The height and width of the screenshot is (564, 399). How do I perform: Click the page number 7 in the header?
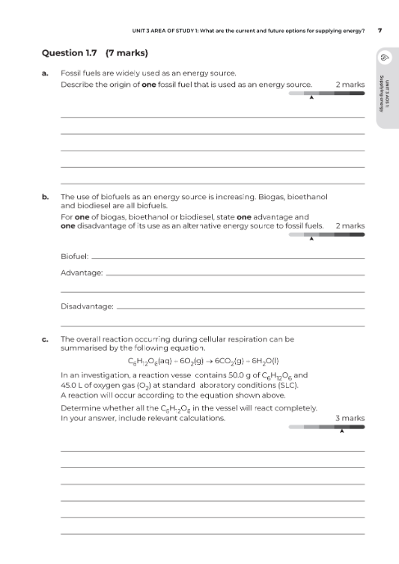tap(380, 31)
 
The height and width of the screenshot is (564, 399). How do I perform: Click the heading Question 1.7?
tap(74, 53)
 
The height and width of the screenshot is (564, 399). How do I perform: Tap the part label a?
tap(45, 73)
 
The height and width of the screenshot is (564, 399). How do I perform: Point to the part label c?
tap(45, 339)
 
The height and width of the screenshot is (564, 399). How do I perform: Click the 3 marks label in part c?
tap(350, 418)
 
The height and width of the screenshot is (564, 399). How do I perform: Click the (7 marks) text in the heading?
tap(128, 53)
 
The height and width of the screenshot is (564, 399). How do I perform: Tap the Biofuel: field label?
tap(74, 257)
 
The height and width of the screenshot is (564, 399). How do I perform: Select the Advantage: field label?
tap(82, 273)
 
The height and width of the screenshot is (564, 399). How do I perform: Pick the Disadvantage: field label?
tap(87, 306)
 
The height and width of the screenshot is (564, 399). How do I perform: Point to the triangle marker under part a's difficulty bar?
tap(311, 97)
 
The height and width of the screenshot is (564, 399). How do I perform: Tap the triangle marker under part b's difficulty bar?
tap(311, 239)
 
